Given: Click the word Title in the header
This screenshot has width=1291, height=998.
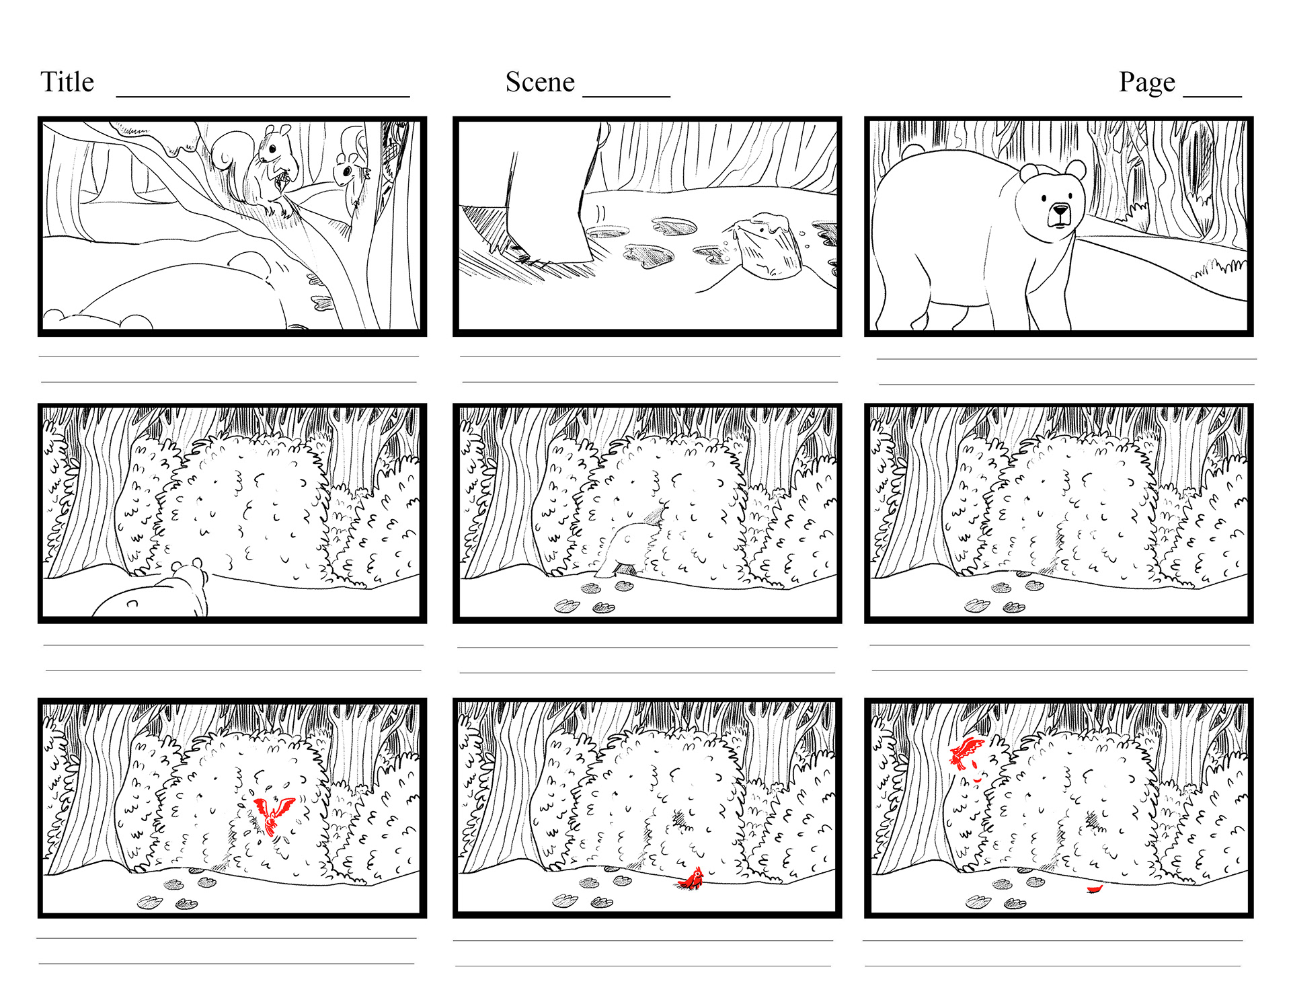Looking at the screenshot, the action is tap(67, 82).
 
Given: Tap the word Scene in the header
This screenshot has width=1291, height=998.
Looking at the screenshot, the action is tap(540, 82).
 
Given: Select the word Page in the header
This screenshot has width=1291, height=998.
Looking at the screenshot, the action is tap(1147, 83).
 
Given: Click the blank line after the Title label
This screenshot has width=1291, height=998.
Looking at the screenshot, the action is tap(263, 97).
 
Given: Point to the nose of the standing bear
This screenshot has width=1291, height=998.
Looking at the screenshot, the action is tap(1060, 210).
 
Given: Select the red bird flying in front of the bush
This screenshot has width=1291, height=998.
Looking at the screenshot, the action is tap(274, 814).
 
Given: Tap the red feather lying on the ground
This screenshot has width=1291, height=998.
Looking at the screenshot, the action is tap(1095, 889).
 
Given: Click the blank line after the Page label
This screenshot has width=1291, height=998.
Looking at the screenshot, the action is tap(1212, 97).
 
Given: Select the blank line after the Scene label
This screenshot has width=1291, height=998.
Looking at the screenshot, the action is tap(627, 97).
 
